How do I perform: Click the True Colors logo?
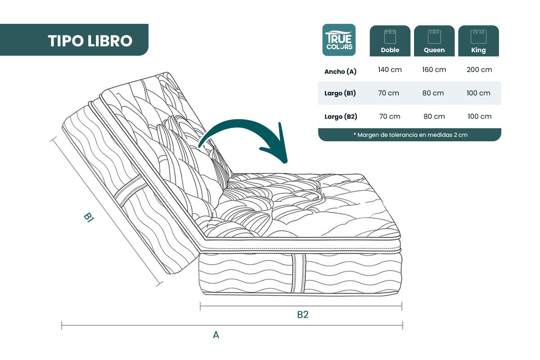(339, 40)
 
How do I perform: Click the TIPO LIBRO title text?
(90, 41)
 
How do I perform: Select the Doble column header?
(390, 41)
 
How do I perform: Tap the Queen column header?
(434, 41)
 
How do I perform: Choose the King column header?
(478, 41)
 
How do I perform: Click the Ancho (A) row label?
(340, 72)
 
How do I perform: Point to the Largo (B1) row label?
(340, 93)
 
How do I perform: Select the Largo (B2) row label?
(341, 117)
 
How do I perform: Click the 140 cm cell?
(390, 70)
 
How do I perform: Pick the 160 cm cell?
(434, 70)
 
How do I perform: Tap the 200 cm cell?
(479, 70)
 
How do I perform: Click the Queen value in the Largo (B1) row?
(433, 93)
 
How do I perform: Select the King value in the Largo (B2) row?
(480, 117)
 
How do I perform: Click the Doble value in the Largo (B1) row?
(389, 93)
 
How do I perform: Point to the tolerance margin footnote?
(410, 135)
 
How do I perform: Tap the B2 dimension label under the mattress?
(303, 315)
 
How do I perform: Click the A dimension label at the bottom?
(216, 335)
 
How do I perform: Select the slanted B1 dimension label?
(89, 217)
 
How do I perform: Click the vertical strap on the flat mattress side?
(298, 274)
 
